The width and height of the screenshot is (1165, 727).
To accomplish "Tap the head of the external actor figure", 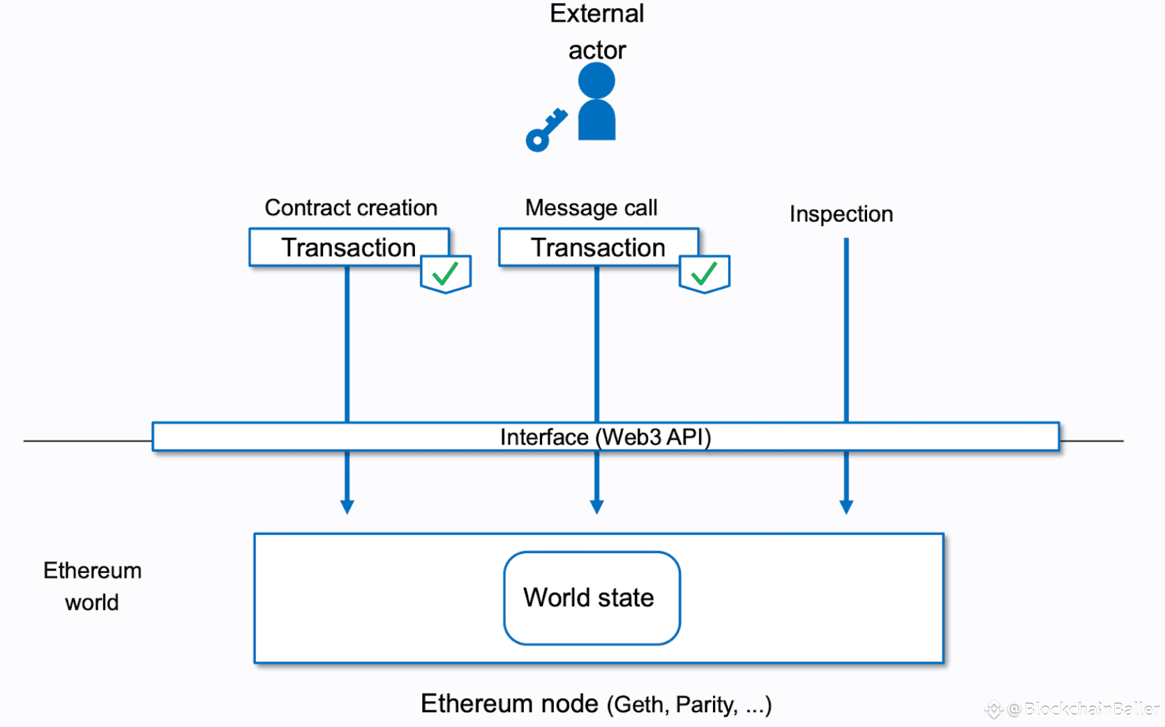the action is pos(596,81).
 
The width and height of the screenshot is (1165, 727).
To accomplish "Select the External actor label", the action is pos(597,32).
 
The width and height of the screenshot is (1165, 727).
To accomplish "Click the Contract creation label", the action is pos(350,208).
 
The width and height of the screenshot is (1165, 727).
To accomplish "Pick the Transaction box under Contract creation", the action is pos(349,247).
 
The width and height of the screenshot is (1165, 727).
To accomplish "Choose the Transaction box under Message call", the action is pos(599,247).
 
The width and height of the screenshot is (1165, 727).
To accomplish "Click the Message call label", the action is pos(591,208).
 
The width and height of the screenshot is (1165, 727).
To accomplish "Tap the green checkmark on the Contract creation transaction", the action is pos(445,273).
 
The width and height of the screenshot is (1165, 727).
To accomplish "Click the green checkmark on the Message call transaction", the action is pos(704,273).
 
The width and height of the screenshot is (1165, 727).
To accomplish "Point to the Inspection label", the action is pos(841,214).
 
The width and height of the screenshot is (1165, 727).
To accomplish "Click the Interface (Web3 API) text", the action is pos(606,437).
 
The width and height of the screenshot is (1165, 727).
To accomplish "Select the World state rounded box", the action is pos(592,598).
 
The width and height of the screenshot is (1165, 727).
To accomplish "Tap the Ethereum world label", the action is pos(92,587).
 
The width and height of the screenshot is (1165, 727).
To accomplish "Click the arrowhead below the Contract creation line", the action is pos(347,507).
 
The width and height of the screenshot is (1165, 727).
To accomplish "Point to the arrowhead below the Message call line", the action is pos(596,507).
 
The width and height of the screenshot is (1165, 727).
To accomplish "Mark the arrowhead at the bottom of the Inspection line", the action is pos(846,507).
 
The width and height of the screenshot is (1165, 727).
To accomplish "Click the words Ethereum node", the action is pos(509,703).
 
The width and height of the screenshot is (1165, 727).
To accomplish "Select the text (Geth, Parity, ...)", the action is pos(689,705).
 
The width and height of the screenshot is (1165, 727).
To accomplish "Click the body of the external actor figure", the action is pos(596,120).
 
